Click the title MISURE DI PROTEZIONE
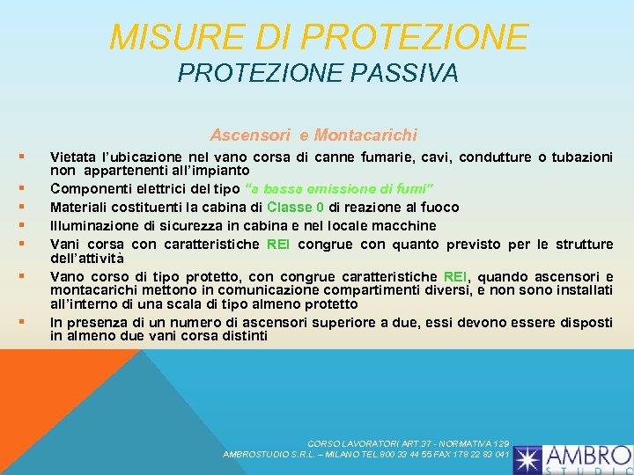tap(319, 37)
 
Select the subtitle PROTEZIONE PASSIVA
tap(318, 74)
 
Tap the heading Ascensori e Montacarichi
tap(313, 135)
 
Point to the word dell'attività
tap(87, 259)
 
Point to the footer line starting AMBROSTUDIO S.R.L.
tap(366, 454)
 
